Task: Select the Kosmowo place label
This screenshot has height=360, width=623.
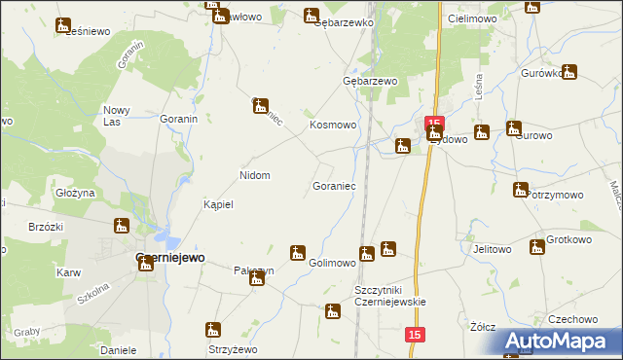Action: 334,126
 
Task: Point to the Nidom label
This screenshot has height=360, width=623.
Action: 255,175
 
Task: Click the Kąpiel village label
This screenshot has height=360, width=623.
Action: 219,205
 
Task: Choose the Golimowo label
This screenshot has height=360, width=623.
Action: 332,264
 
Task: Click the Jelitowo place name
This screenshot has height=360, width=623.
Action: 492,249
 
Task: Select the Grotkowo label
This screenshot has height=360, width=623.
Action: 569,238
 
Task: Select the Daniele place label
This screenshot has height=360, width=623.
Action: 118,348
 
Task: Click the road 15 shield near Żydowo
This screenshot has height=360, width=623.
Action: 434,120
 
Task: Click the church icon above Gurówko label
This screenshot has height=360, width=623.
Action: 569,71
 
